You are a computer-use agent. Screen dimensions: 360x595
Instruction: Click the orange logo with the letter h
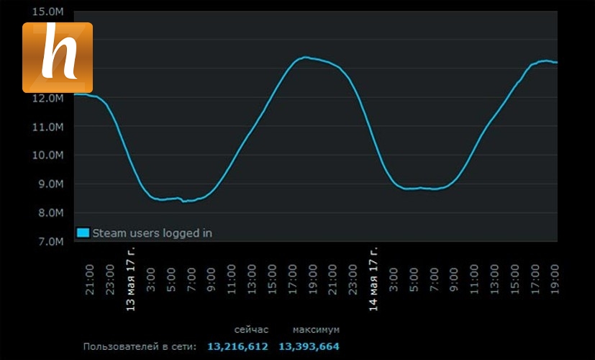pyautogui.click(x=58, y=58)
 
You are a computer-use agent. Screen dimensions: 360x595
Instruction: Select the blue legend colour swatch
pyautogui.click(x=83, y=233)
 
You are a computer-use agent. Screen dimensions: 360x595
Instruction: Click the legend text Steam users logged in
pyautogui.click(x=152, y=233)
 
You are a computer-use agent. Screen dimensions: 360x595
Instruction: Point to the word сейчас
pyautogui.click(x=251, y=329)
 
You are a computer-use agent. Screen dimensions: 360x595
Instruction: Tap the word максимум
pyautogui.click(x=315, y=329)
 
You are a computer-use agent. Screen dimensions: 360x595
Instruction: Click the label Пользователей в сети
pyautogui.click(x=140, y=347)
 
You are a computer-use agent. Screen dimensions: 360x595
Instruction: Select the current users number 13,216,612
pyautogui.click(x=237, y=347)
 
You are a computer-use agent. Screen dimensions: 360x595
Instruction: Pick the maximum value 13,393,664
pyautogui.click(x=309, y=347)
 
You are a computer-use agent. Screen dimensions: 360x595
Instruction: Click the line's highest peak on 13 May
pyautogui.click(x=305, y=57)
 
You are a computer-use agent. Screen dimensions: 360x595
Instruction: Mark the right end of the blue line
pyautogui.click(x=557, y=63)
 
